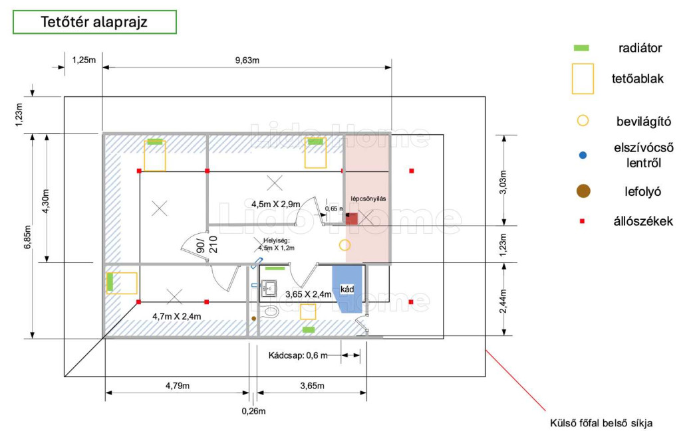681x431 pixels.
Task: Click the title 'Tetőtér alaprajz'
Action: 94,22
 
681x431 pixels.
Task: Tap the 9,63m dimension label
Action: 247,60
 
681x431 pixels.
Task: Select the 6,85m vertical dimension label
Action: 28,237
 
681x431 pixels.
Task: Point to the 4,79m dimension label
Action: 177,385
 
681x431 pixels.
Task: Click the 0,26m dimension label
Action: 253,411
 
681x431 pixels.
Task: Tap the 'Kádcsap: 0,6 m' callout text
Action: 298,355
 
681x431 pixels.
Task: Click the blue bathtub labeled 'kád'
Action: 347,289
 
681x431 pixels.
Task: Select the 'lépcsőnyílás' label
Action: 368,199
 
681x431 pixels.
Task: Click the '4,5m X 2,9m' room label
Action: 276,204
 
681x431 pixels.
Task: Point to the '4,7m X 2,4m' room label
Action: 177,317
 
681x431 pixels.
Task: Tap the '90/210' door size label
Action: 207,245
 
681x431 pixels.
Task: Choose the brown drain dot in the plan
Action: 253,318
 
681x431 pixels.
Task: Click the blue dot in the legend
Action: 583,155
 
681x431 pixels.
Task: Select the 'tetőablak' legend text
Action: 638,79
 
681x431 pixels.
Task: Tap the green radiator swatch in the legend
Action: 581,48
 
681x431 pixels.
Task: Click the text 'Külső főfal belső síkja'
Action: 601,423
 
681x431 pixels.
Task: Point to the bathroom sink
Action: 269,288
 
